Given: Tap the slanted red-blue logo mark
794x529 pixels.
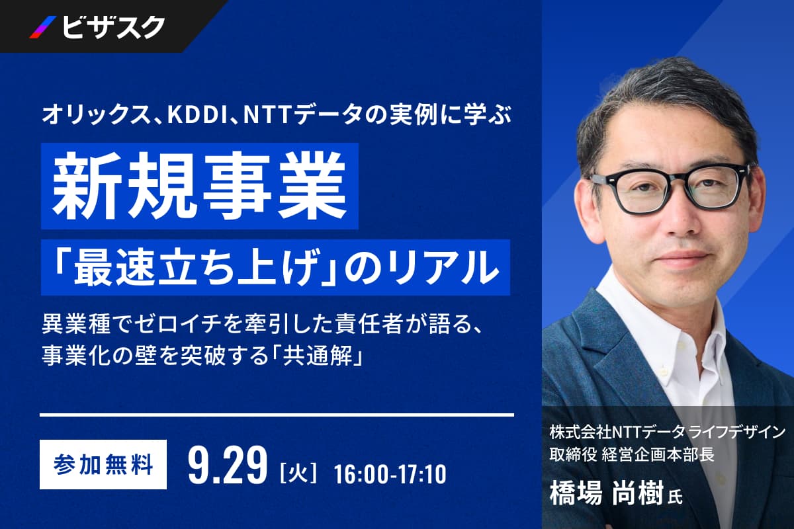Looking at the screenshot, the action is coord(43,27).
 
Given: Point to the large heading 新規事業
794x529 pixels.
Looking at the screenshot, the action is coord(199,186).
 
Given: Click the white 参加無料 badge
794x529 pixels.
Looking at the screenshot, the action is coord(103,464).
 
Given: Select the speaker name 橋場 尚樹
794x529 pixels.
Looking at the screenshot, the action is coord(606,494).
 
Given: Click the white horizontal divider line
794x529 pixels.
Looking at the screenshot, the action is coord(277,415).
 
